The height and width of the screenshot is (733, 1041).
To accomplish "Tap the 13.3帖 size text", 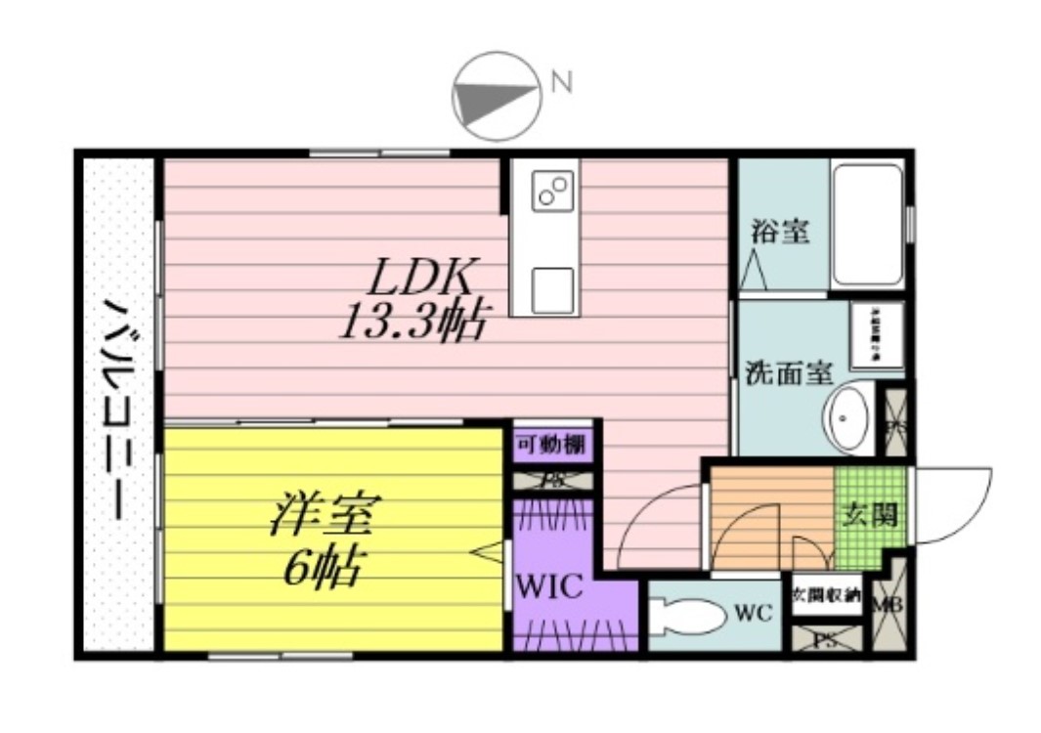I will coord(412,322).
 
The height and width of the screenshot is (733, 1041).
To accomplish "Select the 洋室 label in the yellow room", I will coord(325,516).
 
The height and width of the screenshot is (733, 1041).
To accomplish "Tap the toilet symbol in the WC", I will coord(683,616).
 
